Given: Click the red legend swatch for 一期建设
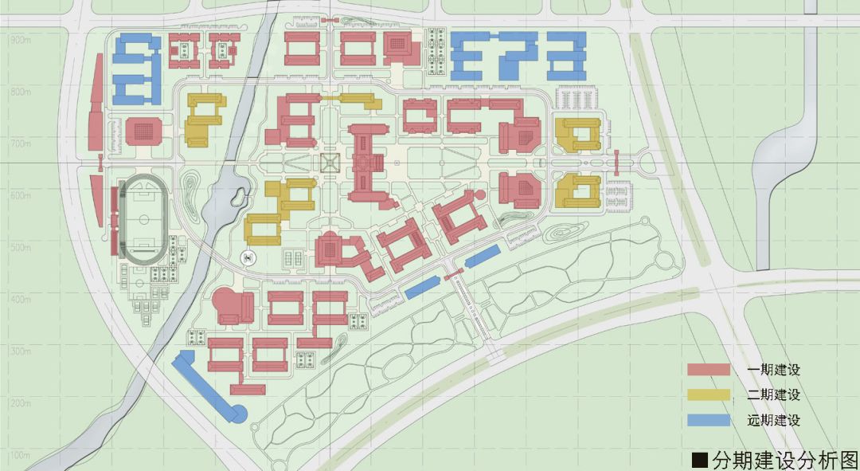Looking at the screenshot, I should pos(709,370).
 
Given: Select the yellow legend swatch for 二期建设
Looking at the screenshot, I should pos(709,394).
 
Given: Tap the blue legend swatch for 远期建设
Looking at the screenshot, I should pos(709,421).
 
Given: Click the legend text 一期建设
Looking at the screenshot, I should pos(773,370).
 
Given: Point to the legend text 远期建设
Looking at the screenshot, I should pos(773,421).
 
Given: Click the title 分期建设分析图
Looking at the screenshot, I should pos(784,459).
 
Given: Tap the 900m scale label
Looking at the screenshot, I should pos(21,40).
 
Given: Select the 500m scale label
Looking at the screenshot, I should pos(21,248).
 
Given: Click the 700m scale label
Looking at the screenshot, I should pos(21,143).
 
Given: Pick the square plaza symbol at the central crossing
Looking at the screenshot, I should pos(330,163).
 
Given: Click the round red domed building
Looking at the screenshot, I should pos(227,304).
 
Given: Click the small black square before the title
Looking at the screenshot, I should pos(700,460).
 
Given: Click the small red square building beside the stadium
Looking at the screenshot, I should pos(143,130).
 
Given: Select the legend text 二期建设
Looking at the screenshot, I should pos(773,395).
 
